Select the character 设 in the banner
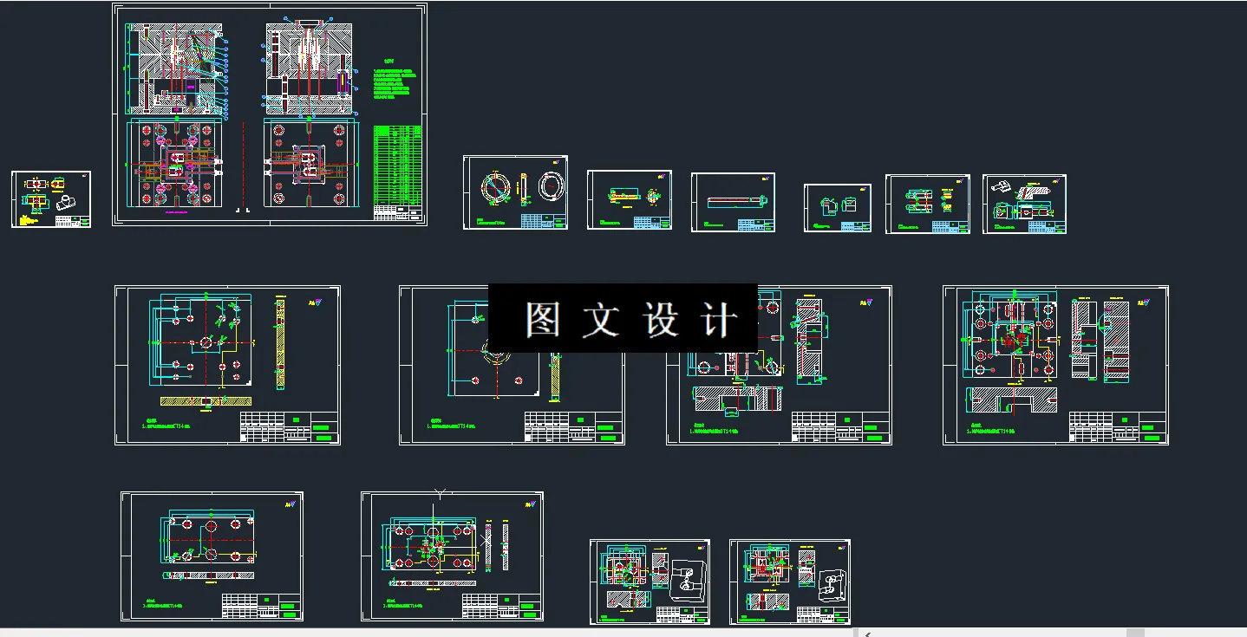[x=661, y=320]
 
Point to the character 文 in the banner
[x=601, y=320]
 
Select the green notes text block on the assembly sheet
[x=391, y=83]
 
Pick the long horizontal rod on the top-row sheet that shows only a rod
[x=733, y=202]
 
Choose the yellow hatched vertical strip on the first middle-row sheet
[x=280, y=337]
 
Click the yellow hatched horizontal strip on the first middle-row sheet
[x=206, y=402]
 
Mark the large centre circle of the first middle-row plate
[x=206, y=342]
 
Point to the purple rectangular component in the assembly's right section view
[x=343, y=83]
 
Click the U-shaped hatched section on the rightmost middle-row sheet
[x=1013, y=400]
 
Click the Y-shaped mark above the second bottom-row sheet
[x=440, y=494]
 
